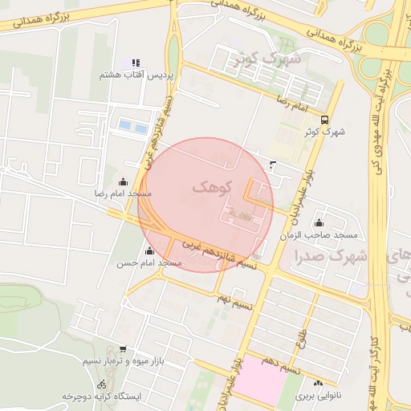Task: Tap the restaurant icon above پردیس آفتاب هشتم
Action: [136, 63]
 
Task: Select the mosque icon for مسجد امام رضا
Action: [123, 182]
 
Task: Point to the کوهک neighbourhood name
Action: [212, 186]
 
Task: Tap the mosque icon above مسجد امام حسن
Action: [149, 250]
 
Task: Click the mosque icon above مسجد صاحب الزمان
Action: [319, 223]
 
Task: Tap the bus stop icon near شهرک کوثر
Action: [324, 119]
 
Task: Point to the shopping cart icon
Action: [122, 349]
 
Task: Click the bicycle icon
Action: [101, 385]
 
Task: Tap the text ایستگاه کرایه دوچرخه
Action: [102, 397]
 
